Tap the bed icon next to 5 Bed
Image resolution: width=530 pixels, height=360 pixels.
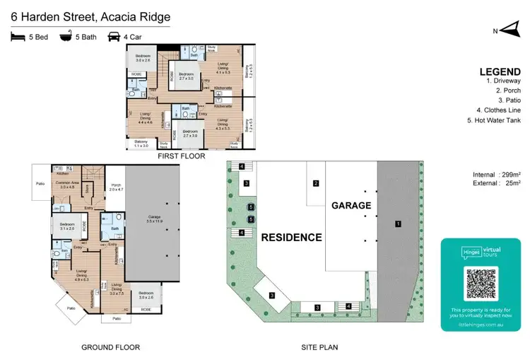point(18,37)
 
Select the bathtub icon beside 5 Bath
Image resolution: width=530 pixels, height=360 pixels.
point(66,37)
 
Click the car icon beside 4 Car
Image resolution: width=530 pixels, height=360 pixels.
point(114,37)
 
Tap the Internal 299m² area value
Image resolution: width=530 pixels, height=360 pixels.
point(496,174)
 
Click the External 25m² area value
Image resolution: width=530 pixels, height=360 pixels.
point(496,183)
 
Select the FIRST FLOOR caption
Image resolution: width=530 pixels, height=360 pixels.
point(182,155)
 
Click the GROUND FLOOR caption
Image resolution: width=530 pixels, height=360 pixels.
point(110,347)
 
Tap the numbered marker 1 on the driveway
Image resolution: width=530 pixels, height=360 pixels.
point(398,224)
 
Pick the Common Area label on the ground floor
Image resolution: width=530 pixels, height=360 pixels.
point(67,185)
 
